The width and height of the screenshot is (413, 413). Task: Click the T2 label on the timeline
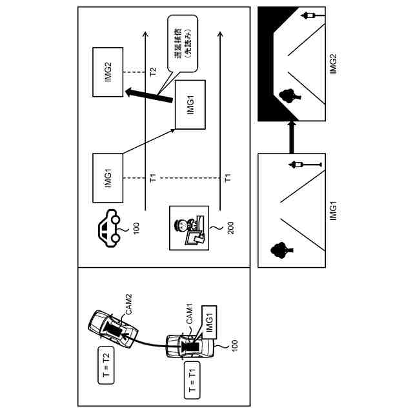tap(152, 71)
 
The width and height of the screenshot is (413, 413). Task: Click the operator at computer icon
tap(188, 228)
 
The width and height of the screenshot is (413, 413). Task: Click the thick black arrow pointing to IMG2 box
tap(150, 95)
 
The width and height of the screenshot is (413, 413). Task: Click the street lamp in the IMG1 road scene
tap(300, 165)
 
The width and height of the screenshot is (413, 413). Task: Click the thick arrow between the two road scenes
tap(290, 138)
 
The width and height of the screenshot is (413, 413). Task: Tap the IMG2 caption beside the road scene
tap(334, 63)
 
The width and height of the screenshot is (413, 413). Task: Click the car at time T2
tap(106, 327)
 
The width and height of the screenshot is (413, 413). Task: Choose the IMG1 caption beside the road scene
tap(334, 210)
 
